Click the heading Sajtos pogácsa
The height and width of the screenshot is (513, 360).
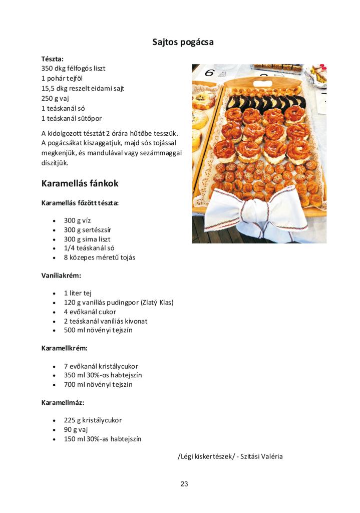(183, 42)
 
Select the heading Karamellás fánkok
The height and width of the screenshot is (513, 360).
(80, 183)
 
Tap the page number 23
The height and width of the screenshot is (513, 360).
(184, 484)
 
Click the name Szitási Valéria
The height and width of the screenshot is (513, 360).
(261, 456)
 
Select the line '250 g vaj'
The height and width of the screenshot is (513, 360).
(55, 98)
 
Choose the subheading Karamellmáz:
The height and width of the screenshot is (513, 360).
(63, 402)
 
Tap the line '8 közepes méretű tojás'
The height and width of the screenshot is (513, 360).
(99, 258)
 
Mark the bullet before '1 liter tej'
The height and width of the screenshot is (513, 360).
(54, 293)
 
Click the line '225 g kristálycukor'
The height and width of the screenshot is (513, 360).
(93, 420)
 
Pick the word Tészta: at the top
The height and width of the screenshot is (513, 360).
(52, 59)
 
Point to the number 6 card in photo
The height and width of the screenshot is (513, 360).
(209, 73)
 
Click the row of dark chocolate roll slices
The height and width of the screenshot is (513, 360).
(265, 102)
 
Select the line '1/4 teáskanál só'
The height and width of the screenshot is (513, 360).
(89, 248)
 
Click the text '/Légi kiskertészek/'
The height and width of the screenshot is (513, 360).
(206, 456)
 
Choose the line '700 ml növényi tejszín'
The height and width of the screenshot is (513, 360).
(98, 385)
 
